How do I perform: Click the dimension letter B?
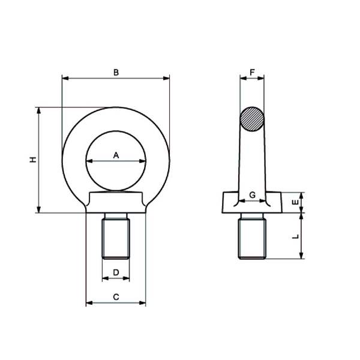pyautogui.click(x=116, y=73)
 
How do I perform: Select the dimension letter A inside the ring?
pyautogui.click(x=116, y=155)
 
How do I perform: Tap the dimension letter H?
pyautogui.click(x=33, y=160)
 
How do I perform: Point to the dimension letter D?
pyautogui.click(x=116, y=272)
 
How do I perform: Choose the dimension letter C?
pyautogui.click(x=116, y=297)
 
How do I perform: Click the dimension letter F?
pyautogui.click(x=252, y=73)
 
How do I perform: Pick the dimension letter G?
pyautogui.click(x=252, y=195)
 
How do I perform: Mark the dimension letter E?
pyautogui.click(x=295, y=202)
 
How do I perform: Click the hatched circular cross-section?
pyautogui.click(x=252, y=119)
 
